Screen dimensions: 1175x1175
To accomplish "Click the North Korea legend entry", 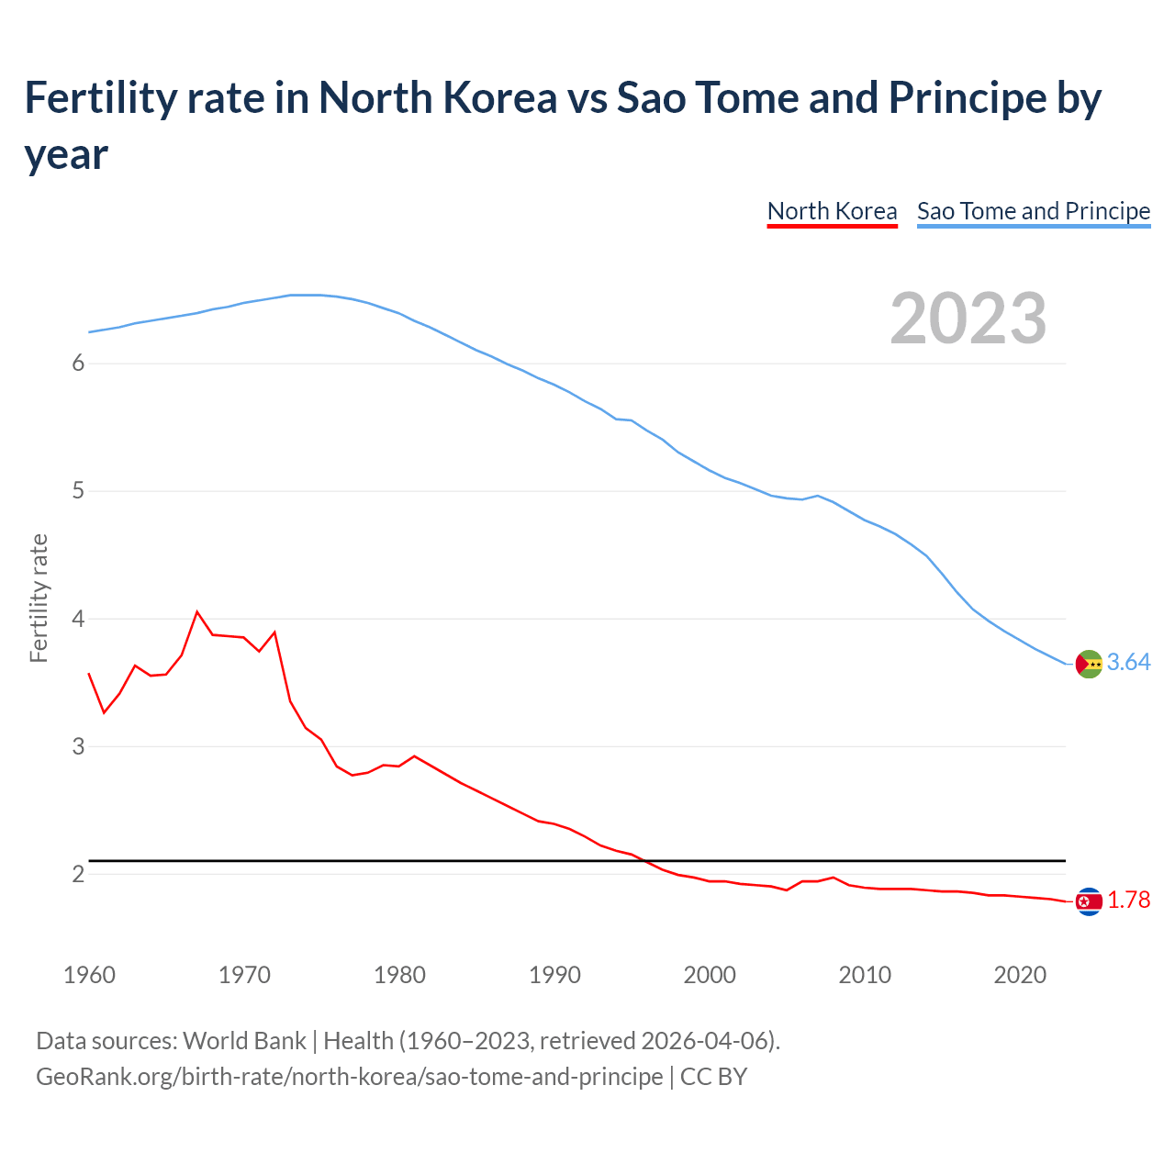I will pyautogui.click(x=832, y=211).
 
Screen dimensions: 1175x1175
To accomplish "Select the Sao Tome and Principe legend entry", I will pyautogui.click(x=1033, y=211).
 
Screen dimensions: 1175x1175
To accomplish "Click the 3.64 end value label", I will pyautogui.click(x=1128, y=662).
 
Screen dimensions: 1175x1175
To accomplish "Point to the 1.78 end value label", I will pyautogui.click(x=1128, y=900).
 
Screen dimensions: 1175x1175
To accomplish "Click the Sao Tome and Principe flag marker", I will pyautogui.click(x=1089, y=664).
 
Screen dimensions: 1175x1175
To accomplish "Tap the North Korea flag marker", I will pyautogui.click(x=1089, y=902).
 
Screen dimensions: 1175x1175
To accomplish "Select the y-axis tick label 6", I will pyautogui.click(x=78, y=364).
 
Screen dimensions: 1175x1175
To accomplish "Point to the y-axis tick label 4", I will pyautogui.click(x=78, y=619).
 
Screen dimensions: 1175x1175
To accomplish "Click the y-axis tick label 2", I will pyautogui.click(x=78, y=874).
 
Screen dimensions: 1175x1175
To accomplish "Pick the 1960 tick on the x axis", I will pyautogui.click(x=89, y=975).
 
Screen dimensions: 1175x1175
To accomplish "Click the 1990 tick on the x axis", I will pyautogui.click(x=554, y=975).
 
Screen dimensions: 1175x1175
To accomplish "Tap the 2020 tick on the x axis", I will pyautogui.click(x=1020, y=975).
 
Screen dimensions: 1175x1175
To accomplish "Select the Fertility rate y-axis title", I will pyautogui.click(x=39, y=598).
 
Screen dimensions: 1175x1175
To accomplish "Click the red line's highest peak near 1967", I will pyautogui.click(x=197, y=611).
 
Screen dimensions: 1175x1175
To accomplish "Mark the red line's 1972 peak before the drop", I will pyautogui.click(x=274, y=632).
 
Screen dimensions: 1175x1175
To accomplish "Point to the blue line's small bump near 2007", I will pyautogui.click(x=817, y=496).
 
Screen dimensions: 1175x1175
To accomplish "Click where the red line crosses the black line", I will pyautogui.click(x=646, y=861).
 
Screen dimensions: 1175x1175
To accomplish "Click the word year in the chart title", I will pyautogui.click(x=66, y=154).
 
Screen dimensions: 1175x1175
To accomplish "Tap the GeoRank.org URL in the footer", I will pyautogui.click(x=349, y=1076).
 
